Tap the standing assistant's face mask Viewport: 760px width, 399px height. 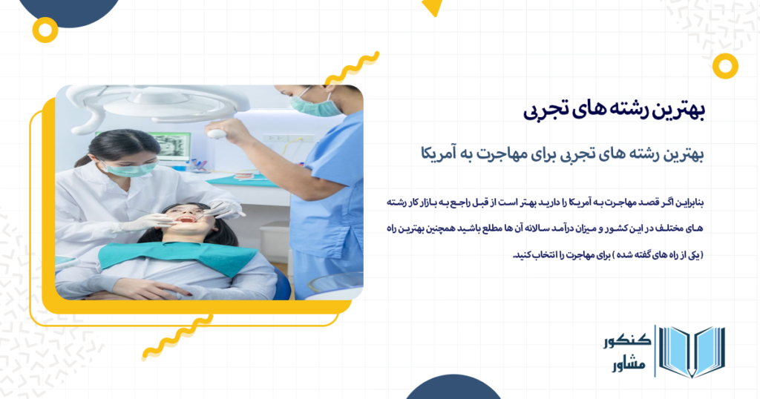(316, 105)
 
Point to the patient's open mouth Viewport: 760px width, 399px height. (188, 220)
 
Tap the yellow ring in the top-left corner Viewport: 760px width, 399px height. (46, 30)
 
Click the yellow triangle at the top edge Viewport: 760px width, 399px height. (431, 7)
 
